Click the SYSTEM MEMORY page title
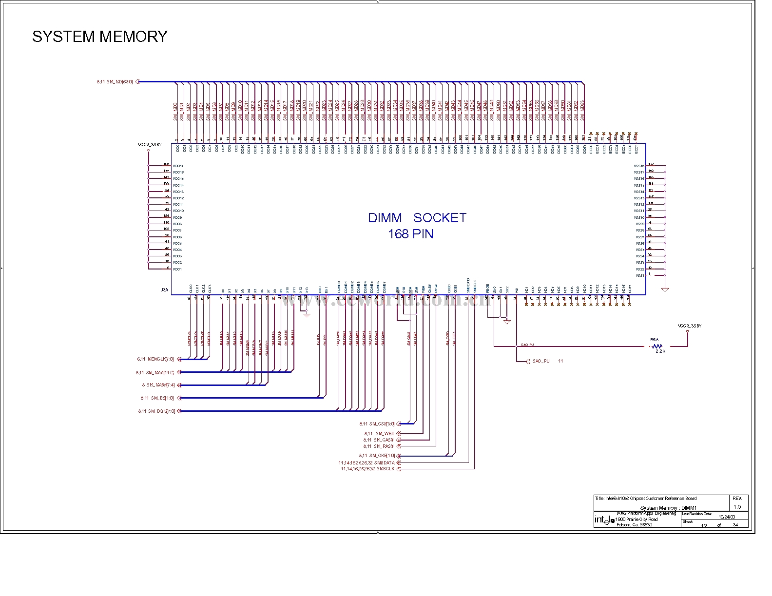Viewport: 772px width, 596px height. tap(99, 37)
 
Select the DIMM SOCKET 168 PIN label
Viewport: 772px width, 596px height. tap(417, 225)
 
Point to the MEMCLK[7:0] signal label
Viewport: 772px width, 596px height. tap(160, 359)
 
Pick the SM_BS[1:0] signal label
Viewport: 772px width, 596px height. tap(161, 398)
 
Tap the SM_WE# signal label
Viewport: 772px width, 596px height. tap(385, 434)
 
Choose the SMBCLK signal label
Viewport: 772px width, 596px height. tap(385, 469)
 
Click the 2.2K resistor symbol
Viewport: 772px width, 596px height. tap(656, 346)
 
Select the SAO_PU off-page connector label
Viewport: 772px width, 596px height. tap(540, 361)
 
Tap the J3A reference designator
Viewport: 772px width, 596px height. tap(164, 290)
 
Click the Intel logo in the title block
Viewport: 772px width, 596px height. tap(604, 520)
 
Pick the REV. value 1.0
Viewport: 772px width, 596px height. tap(737, 507)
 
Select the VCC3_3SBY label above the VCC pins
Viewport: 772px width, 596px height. tap(149, 145)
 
